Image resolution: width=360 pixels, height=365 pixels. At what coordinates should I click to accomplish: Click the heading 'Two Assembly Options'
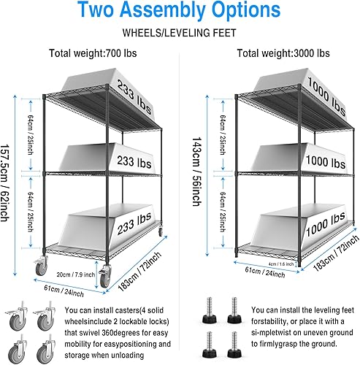click(180, 12)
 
